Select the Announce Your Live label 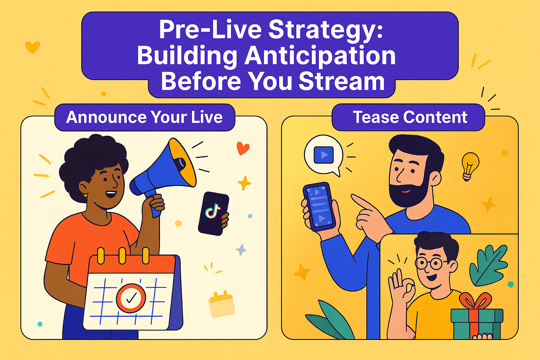[x=144, y=117]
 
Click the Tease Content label [x=410, y=117]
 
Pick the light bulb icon [x=470, y=166]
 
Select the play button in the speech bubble [x=323, y=155]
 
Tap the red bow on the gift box [x=475, y=301]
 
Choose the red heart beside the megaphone [x=243, y=148]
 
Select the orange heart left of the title [x=33, y=47]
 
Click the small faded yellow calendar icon [x=221, y=304]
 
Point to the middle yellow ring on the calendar [x=122, y=256]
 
